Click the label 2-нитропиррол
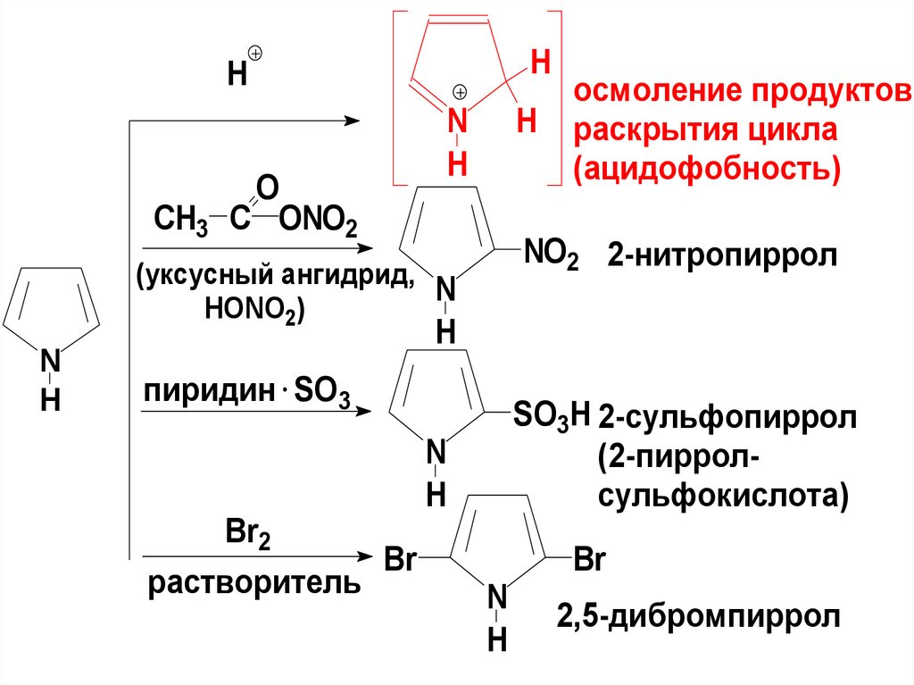click(x=724, y=256)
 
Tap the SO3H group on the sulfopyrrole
click(x=551, y=415)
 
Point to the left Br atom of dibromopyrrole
click(x=402, y=560)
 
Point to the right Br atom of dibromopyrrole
click(x=590, y=560)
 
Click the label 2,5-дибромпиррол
click(x=699, y=617)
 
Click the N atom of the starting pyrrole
click(x=51, y=362)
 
